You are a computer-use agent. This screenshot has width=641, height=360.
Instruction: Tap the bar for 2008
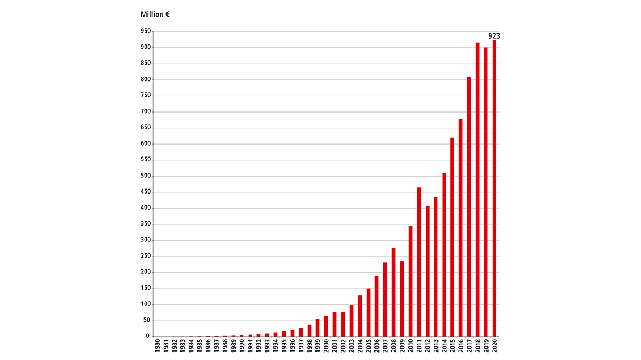394,292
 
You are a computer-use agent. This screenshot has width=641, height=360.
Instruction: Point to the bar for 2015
452,237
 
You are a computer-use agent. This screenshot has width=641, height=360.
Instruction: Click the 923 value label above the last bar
494,36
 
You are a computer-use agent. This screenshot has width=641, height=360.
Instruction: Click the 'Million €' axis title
155,15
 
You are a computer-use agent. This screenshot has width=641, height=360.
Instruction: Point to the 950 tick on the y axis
146,31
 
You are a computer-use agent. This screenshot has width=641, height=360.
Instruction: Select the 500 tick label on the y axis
146,176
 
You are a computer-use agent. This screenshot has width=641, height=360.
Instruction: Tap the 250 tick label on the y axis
146,256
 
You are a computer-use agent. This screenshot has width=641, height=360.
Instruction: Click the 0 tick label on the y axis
148,336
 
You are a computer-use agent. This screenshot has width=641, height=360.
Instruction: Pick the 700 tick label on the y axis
146,111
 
